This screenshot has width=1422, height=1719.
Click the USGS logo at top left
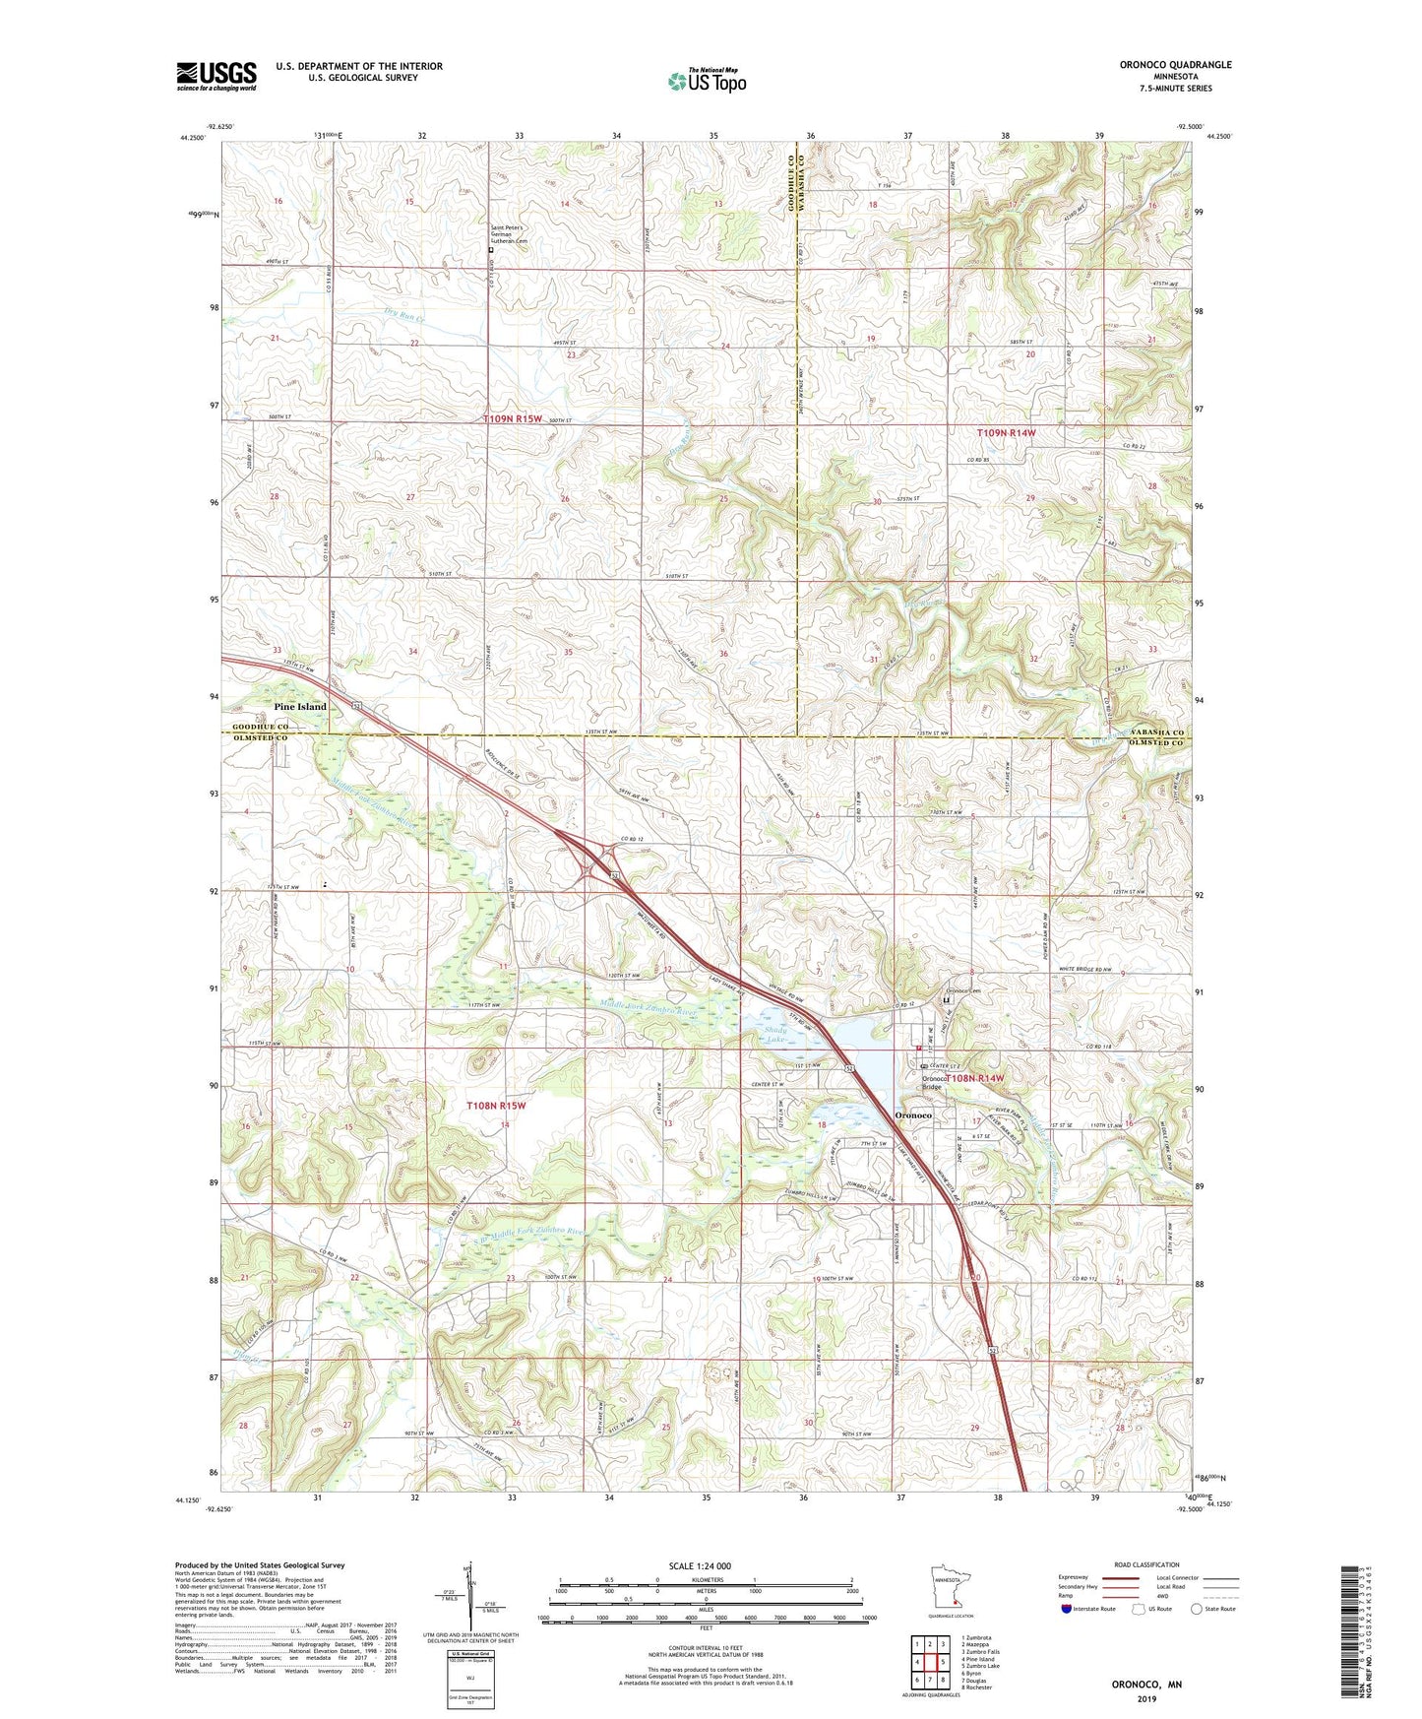point(216,76)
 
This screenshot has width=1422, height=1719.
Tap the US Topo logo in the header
point(705,81)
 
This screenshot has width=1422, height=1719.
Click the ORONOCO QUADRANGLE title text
point(1175,65)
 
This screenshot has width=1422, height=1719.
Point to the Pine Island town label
point(299,707)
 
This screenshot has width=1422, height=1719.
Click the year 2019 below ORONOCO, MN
point(1146,1698)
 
